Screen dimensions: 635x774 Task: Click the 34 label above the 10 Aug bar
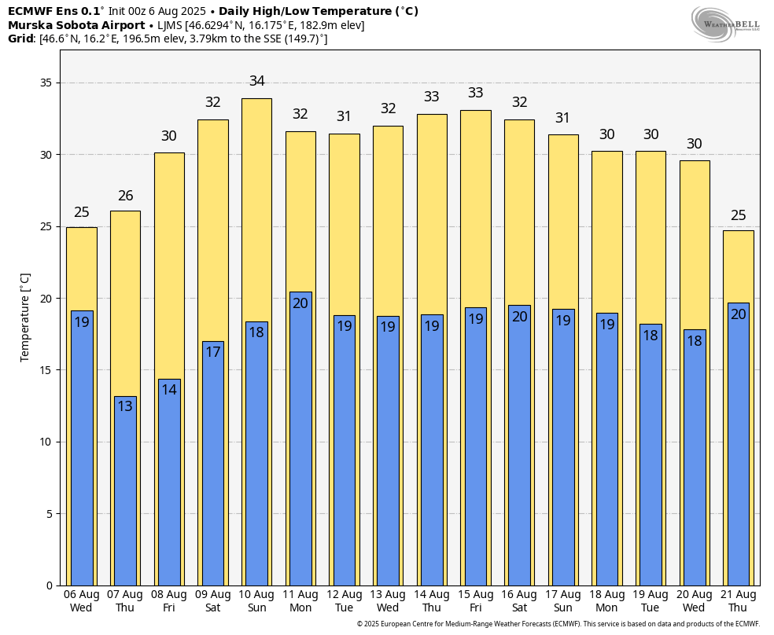click(x=256, y=81)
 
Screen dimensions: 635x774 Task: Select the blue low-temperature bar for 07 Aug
click(x=125, y=491)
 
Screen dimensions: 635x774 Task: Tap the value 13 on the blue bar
click(x=125, y=406)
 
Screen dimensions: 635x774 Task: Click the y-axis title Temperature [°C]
click(x=25, y=317)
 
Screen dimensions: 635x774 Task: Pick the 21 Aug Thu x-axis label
click(x=738, y=601)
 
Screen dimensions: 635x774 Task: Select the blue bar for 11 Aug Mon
click(x=300, y=440)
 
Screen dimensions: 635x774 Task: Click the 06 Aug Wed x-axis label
click(x=81, y=601)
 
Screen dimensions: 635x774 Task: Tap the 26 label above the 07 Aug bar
click(x=125, y=196)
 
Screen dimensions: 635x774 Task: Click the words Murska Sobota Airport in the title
click(x=76, y=25)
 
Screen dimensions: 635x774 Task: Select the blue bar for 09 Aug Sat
click(x=212, y=464)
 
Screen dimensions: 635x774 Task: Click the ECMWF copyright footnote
click(x=558, y=624)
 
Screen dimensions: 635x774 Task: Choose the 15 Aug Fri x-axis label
click(x=475, y=601)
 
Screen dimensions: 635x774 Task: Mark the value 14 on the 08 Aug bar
click(x=169, y=389)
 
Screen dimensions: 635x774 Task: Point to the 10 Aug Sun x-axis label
click(x=256, y=601)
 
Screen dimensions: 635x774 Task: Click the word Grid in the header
click(x=21, y=39)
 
